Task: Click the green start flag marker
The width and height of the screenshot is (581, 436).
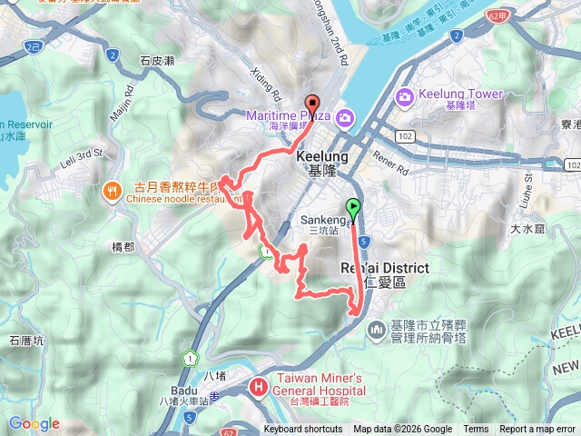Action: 353,207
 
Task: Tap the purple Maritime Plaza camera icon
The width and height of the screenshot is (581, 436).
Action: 345,116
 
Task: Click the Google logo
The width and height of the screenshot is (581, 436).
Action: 34,423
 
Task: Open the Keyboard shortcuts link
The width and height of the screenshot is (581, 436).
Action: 303,430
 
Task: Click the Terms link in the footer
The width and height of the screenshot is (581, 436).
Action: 476,430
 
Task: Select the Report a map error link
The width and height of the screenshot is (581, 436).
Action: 537,430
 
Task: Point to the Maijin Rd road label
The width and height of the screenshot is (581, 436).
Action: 122,101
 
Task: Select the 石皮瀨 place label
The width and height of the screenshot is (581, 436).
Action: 158,61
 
